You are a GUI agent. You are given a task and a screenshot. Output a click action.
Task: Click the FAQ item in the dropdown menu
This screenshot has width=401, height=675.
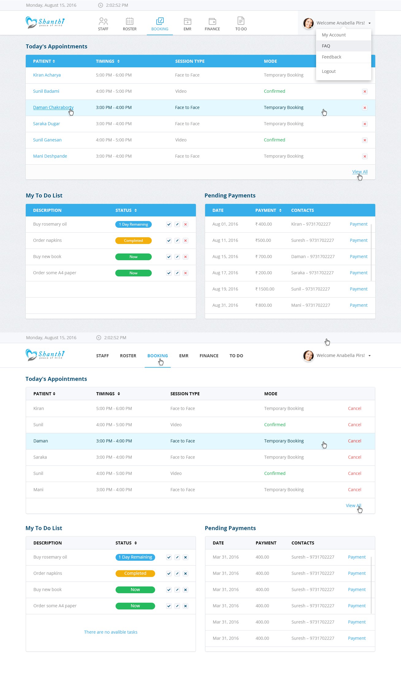tap(326, 46)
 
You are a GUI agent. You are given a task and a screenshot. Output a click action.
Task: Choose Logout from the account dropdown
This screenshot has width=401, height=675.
tap(329, 71)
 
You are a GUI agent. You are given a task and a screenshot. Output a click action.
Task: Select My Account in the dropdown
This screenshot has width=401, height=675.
tap(334, 35)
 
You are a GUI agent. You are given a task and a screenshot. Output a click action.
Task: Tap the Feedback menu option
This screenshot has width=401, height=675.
tap(331, 57)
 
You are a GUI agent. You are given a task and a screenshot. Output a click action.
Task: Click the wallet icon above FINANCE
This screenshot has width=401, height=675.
tap(212, 21)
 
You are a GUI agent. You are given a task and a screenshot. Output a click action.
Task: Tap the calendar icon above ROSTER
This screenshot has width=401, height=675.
tap(130, 21)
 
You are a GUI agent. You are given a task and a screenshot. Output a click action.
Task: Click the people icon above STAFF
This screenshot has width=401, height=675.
tap(103, 21)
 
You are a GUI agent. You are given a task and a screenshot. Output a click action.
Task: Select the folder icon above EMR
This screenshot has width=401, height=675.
tap(187, 21)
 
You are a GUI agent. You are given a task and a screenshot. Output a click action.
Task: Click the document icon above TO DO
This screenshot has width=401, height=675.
tap(241, 21)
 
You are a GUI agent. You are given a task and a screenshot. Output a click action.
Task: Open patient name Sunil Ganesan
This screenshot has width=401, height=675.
tap(47, 140)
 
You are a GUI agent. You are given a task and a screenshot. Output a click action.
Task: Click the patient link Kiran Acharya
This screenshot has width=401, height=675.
tap(47, 75)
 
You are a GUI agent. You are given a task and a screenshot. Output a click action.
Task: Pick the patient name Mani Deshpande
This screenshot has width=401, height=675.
tap(50, 156)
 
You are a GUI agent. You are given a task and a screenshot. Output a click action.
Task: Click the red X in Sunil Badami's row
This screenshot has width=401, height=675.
tap(365, 92)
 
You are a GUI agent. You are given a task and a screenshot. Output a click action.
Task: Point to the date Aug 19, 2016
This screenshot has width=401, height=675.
tap(225, 289)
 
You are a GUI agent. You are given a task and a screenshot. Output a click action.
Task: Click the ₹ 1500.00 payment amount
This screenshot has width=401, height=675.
tap(265, 289)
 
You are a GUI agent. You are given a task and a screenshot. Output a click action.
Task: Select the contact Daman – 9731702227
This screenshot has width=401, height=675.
tap(313, 257)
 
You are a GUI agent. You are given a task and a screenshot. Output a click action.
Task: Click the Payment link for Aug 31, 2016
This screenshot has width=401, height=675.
tap(358, 305)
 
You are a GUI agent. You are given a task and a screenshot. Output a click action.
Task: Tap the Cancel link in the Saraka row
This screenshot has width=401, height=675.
tap(354, 457)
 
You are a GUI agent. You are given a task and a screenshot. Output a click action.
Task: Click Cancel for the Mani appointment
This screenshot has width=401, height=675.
tap(354, 489)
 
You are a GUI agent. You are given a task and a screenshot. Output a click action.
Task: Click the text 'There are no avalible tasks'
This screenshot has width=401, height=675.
tap(111, 632)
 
